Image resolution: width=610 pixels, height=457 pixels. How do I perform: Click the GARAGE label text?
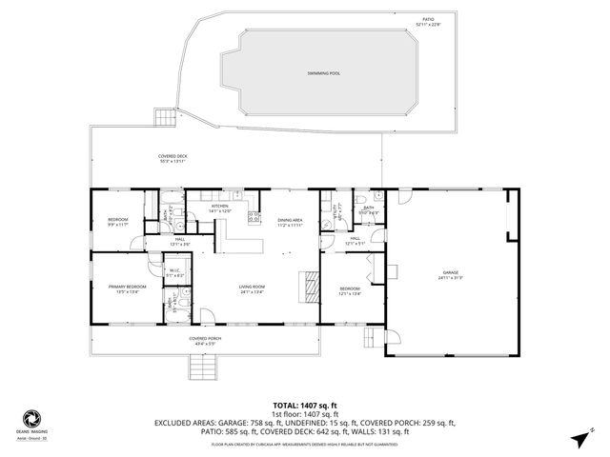(450, 275)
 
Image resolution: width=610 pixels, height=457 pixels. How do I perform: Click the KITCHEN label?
(220, 207)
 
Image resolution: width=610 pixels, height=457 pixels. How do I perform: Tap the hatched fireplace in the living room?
(309, 286)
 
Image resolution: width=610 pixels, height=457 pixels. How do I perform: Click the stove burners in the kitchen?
(254, 217)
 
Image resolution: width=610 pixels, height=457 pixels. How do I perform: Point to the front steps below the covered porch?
(200, 366)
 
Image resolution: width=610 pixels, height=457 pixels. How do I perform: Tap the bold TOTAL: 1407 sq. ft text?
(304, 405)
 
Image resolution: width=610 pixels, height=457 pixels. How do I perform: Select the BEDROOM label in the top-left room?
(116, 222)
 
